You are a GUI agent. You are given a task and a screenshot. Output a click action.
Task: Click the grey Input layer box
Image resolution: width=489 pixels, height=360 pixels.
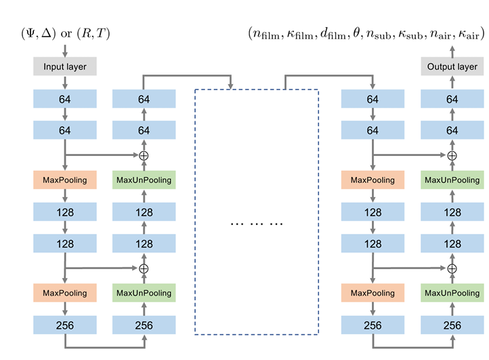pyautogui.click(x=64, y=67)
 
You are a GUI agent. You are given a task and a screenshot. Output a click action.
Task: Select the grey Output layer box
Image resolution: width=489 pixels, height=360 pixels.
pyautogui.click(x=452, y=67)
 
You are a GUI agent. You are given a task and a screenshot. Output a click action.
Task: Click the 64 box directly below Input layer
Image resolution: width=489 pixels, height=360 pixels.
pyautogui.click(x=64, y=99)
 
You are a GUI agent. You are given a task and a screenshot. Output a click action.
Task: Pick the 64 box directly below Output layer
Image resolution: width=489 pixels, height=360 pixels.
pyautogui.click(x=452, y=99)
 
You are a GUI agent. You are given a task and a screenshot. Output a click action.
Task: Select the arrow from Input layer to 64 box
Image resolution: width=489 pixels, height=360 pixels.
pyautogui.click(x=64, y=83)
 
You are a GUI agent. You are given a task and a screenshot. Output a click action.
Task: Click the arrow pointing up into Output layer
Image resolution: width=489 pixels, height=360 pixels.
pyautogui.click(x=452, y=83)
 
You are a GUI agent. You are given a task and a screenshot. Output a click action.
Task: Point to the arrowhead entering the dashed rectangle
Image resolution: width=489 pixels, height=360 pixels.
pyautogui.click(x=232, y=86)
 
